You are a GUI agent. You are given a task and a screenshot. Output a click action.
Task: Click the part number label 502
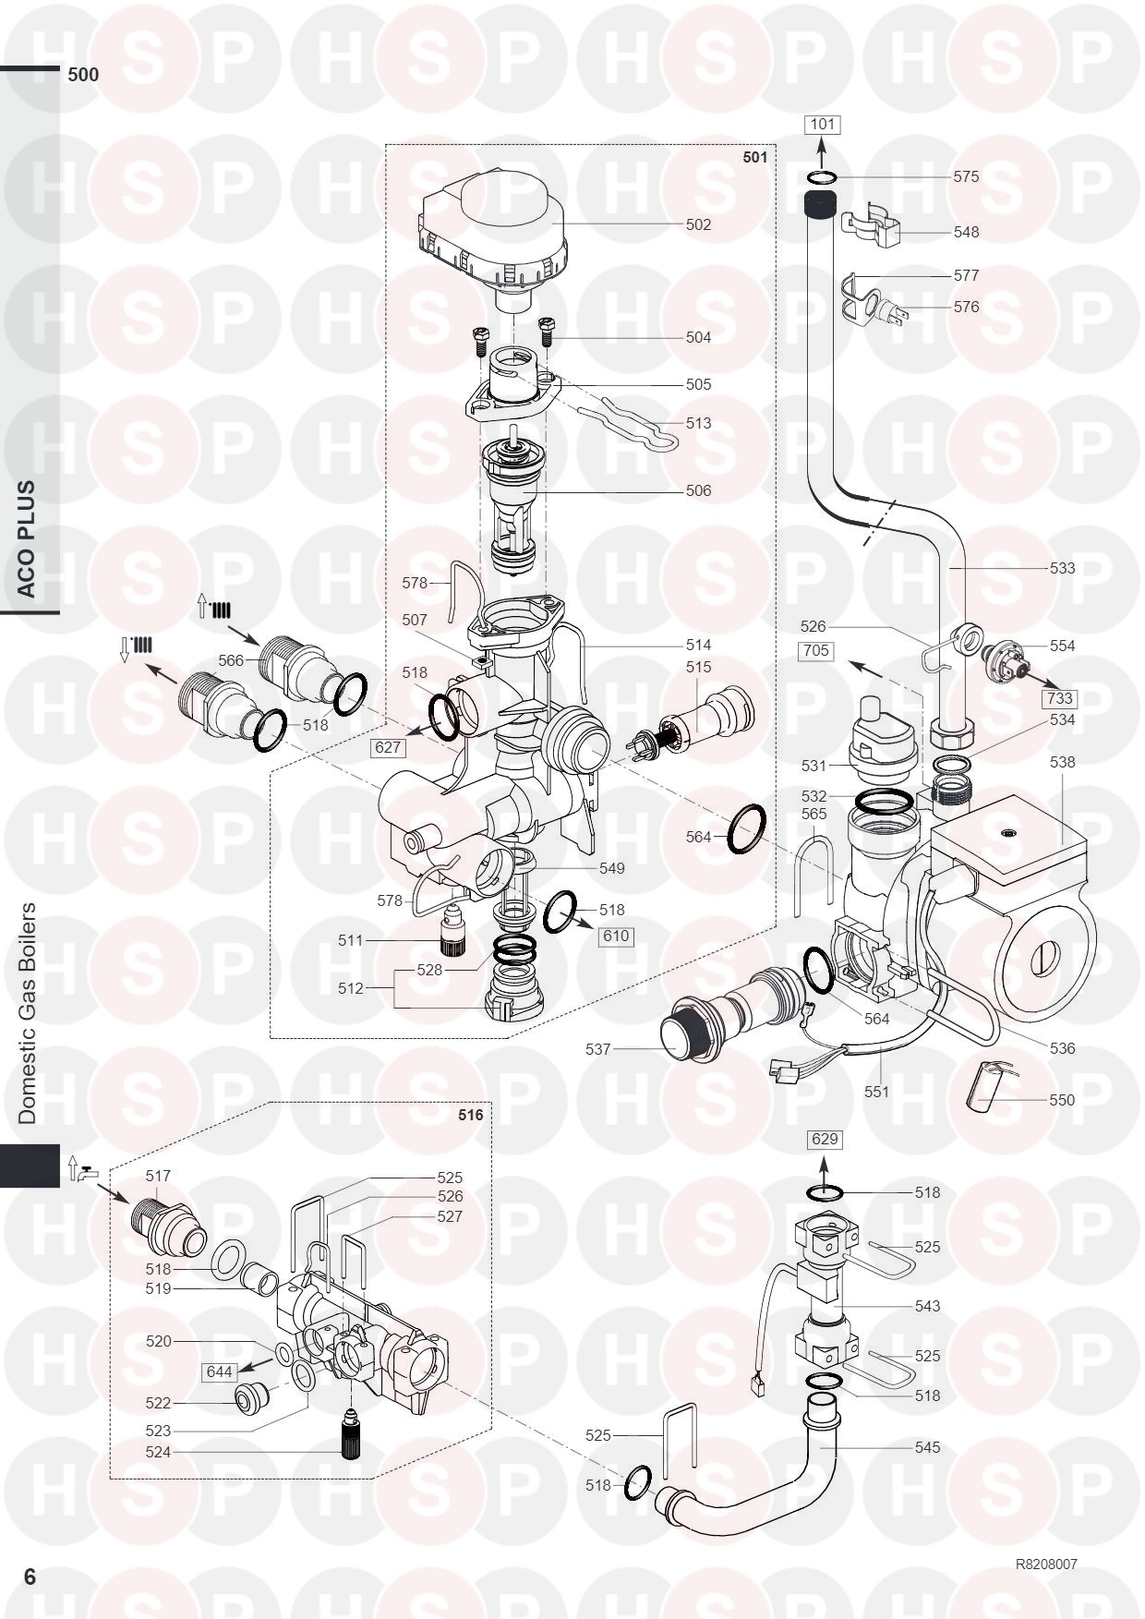[x=698, y=224]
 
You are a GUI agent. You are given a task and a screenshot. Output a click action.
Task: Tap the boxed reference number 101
[x=822, y=125]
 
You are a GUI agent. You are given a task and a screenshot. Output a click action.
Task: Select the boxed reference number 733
[x=1060, y=698]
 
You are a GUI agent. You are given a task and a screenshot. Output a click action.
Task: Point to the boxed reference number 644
[x=219, y=1372]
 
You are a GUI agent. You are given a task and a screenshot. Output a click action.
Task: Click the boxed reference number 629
[x=824, y=1139]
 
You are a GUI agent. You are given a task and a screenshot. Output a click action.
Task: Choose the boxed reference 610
[x=615, y=936]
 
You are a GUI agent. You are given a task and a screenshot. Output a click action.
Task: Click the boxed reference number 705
[x=816, y=651]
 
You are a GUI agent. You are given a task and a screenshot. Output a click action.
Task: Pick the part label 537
[x=598, y=1049]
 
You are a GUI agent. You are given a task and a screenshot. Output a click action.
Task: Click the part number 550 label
[x=1062, y=1100]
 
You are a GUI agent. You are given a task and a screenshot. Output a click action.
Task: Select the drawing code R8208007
[x=1045, y=1565]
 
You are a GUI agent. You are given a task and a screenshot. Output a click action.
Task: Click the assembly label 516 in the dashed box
[x=471, y=1115]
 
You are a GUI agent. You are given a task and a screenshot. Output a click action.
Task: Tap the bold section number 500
[x=83, y=75]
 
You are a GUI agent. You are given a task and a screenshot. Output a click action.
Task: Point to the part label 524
[x=159, y=1452]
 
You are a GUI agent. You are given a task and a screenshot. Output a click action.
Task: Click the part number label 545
[x=927, y=1447]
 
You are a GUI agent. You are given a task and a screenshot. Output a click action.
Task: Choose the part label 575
[x=966, y=176]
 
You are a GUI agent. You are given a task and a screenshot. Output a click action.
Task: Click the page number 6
[x=30, y=1577]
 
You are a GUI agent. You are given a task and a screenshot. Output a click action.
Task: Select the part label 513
[x=698, y=423]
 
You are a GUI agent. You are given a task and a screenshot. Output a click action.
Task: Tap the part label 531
[x=814, y=766]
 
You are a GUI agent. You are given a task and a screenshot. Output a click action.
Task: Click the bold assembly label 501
[x=754, y=157]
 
